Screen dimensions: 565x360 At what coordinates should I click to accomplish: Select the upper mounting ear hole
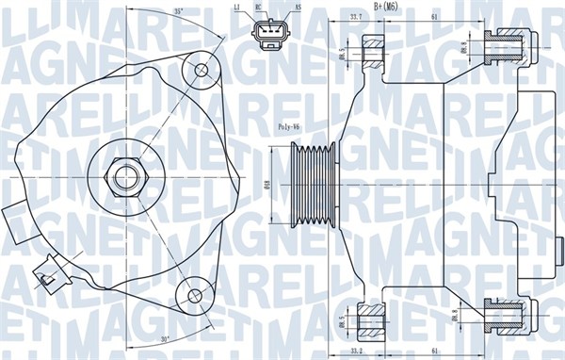click(200, 69)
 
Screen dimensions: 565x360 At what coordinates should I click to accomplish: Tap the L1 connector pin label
click(236, 7)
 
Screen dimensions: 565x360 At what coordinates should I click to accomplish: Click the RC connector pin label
click(259, 7)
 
